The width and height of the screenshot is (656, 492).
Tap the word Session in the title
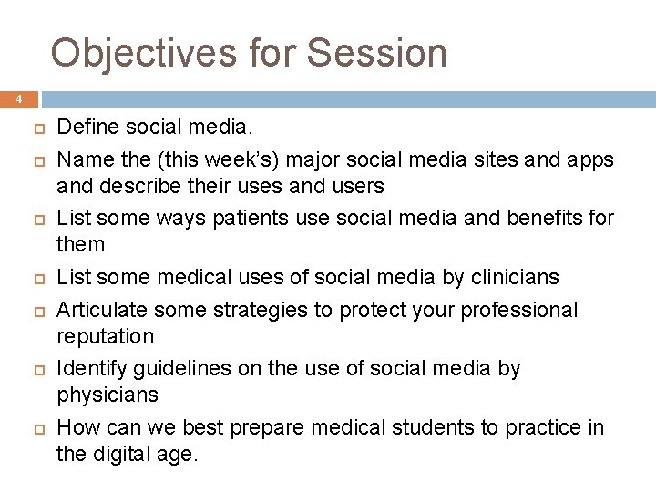(377, 53)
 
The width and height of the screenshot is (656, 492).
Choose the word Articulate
(99, 310)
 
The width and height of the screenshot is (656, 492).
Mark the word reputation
(106, 336)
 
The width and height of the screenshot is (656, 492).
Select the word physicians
(108, 395)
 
